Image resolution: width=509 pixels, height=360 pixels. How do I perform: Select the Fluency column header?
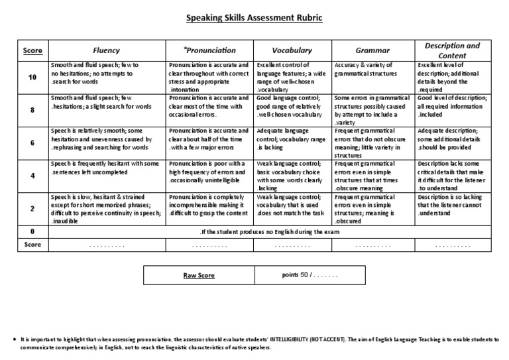pyautogui.click(x=107, y=50)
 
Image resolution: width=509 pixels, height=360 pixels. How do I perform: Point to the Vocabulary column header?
pyautogui.click(x=292, y=50)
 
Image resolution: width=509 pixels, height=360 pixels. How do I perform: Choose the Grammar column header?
pyautogui.click(x=372, y=50)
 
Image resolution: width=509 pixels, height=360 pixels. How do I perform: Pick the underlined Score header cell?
pyautogui.click(x=32, y=50)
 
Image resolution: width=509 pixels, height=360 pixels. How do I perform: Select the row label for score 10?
pyautogui.click(x=32, y=77)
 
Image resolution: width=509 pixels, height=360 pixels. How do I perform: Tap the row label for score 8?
pyautogui.click(x=32, y=109)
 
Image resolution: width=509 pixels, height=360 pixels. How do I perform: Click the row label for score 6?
pyautogui.click(x=32, y=142)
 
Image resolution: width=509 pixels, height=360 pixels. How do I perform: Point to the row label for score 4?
pyautogui.click(x=32, y=175)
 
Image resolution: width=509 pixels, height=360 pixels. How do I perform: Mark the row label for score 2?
pyautogui.click(x=32, y=208)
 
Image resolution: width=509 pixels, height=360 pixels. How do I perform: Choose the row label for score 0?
pyautogui.click(x=32, y=231)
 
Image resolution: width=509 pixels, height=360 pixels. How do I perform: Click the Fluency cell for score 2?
pyautogui.click(x=107, y=208)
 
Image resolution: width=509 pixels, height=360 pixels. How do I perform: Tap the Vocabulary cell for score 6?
pyautogui.click(x=292, y=142)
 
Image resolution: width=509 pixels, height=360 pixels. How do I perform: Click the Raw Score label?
pyautogui.click(x=198, y=274)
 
